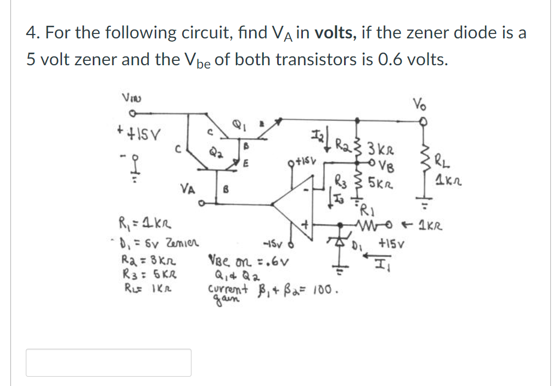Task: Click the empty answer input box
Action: [109, 362]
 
